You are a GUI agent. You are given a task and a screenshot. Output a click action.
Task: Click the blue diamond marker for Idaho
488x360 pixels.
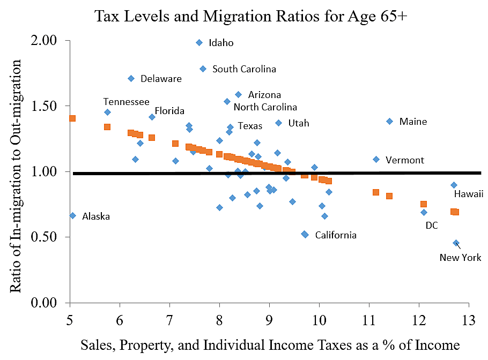[x=199, y=42]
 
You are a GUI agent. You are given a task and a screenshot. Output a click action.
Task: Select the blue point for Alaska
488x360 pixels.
[x=72, y=215]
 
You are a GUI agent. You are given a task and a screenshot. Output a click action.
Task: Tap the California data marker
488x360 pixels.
[x=305, y=234]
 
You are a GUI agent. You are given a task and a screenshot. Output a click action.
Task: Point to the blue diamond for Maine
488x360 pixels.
[x=389, y=121]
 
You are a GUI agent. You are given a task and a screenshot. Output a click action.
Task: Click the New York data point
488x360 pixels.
[x=456, y=243]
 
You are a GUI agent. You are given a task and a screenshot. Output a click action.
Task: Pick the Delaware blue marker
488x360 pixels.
[x=131, y=78]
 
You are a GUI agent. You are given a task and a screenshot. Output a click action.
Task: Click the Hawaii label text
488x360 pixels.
[x=469, y=194]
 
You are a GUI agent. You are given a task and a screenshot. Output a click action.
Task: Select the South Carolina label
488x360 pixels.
[x=244, y=69]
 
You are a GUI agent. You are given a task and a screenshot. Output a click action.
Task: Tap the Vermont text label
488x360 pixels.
[x=405, y=160]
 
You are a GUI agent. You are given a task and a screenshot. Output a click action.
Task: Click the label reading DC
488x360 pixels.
[x=432, y=226]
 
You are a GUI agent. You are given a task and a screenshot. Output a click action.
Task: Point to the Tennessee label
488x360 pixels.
[x=126, y=102]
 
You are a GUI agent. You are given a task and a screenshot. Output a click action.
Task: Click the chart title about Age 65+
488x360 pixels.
[x=251, y=16]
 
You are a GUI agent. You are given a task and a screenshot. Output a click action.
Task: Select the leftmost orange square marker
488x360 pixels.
[x=72, y=118]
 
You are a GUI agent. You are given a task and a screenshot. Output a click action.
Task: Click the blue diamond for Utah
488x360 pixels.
[x=278, y=123]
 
